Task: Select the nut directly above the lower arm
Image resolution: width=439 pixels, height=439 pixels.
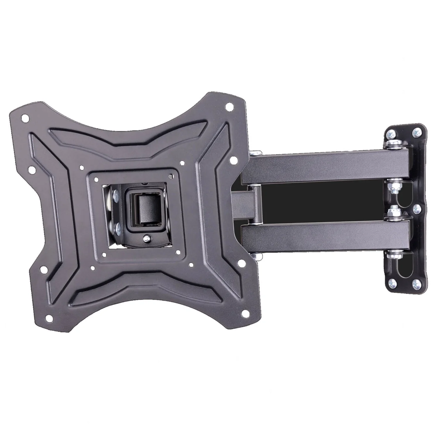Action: [x=392, y=214]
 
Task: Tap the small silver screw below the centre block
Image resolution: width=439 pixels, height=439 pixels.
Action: [x=146, y=239]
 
